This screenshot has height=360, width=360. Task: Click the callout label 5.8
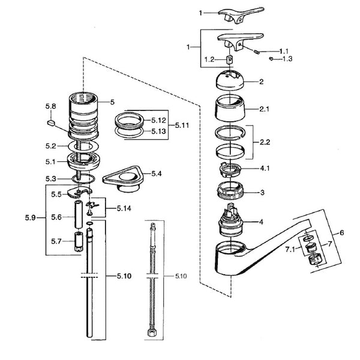(x=50, y=107)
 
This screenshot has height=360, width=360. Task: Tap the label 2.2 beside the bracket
(x=265, y=143)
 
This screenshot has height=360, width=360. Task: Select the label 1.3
(x=287, y=58)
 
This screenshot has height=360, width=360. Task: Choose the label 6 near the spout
(x=342, y=232)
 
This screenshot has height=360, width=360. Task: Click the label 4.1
(x=265, y=169)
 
